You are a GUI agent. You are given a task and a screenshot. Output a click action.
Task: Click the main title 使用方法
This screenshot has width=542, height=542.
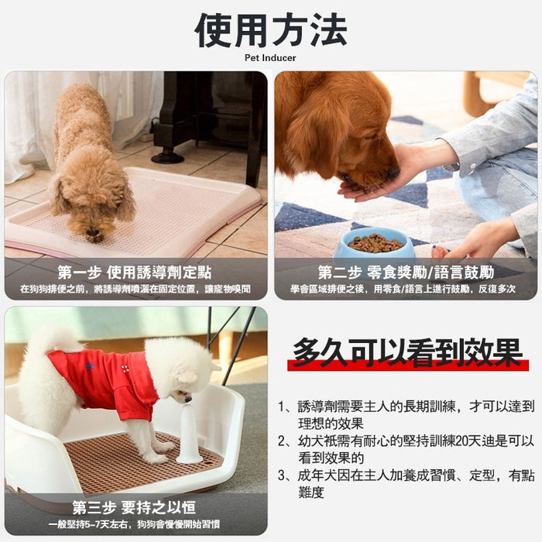click(x=270, y=31)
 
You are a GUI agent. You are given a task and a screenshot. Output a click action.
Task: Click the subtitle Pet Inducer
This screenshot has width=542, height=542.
click(x=270, y=57)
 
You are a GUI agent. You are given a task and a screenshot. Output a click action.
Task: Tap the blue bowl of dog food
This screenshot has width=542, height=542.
click(x=375, y=242)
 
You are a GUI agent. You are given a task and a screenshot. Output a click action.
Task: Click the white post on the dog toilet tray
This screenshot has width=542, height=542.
click(x=189, y=433)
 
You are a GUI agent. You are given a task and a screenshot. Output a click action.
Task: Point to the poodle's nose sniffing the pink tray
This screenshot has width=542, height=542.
click(x=94, y=232)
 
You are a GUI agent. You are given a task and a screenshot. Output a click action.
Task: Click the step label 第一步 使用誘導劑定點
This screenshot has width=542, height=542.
click(x=135, y=273)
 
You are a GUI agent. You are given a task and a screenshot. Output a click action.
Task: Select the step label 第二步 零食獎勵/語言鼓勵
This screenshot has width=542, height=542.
click(x=406, y=273)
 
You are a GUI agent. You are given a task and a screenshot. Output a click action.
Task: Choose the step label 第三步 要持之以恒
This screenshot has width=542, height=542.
click(x=135, y=509)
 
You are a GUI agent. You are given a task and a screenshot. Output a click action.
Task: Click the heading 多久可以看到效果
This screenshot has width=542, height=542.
click(x=406, y=353)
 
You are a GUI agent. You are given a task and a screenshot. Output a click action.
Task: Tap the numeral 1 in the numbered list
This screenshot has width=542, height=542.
click(x=282, y=406)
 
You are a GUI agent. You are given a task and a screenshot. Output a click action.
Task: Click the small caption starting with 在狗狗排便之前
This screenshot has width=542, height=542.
click(x=135, y=289)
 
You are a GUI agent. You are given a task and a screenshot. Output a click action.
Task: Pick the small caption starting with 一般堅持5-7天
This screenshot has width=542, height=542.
click(x=135, y=524)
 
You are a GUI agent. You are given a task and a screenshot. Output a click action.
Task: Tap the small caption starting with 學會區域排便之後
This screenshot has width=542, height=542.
click(x=406, y=289)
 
